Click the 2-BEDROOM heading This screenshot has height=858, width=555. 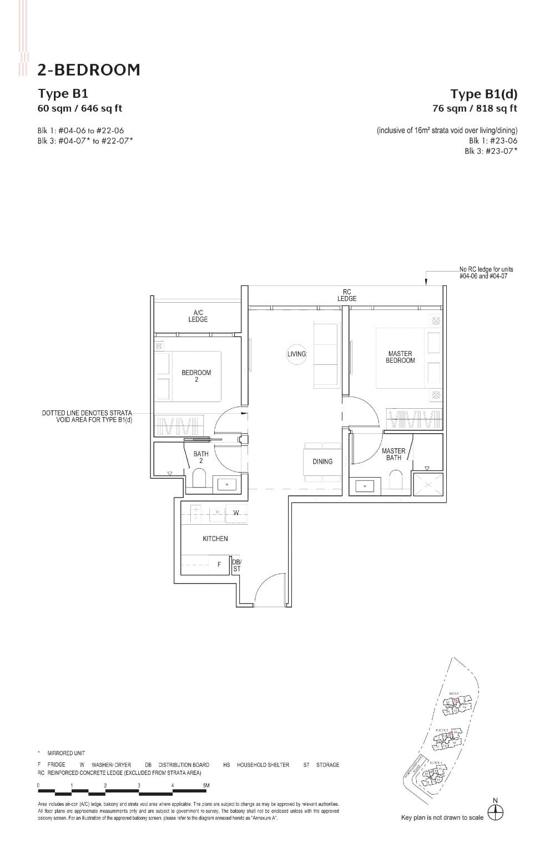(x=89, y=70)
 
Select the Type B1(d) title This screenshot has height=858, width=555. (x=483, y=94)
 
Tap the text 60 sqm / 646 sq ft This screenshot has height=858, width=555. (x=79, y=108)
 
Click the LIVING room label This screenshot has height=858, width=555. (x=296, y=354)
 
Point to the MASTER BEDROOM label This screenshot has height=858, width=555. (x=400, y=357)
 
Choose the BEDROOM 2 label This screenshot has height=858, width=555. (x=196, y=376)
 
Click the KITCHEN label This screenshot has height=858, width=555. (x=215, y=539)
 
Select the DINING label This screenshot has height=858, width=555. (x=322, y=461)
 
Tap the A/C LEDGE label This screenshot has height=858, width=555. (x=198, y=316)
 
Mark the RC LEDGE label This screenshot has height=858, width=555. (x=347, y=295)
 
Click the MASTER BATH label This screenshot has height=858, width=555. (x=393, y=454)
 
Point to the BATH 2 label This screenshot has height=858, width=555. (x=201, y=457)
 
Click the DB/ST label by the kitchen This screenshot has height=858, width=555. (x=236, y=565)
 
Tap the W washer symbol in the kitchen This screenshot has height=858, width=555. (x=236, y=513)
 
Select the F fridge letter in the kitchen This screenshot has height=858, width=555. (x=219, y=565)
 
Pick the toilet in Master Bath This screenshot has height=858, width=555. (x=396, y=480)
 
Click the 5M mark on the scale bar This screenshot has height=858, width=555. (x=206, y=785)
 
